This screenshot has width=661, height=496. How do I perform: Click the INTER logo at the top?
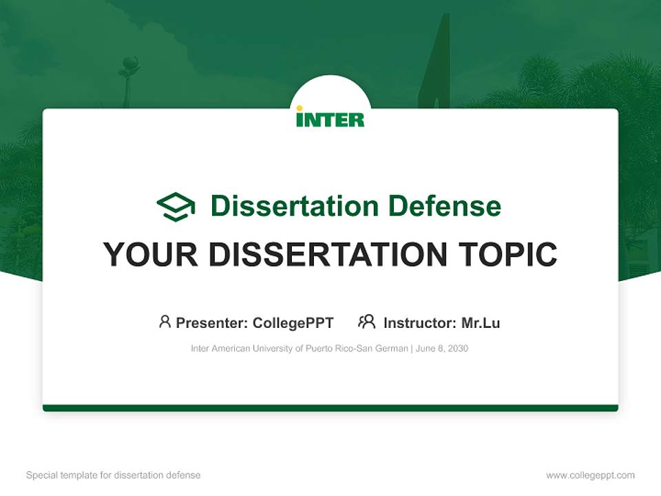point(330,118)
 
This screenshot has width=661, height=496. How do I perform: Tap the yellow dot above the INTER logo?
point(300,108)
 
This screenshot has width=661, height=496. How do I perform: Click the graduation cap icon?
point(176,207)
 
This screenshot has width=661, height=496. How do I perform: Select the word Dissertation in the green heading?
point(295,206)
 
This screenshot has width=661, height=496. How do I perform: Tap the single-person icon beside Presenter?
point(165,322)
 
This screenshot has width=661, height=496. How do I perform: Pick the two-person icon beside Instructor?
point(366,322)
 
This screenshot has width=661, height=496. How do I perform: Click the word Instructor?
point(419,322)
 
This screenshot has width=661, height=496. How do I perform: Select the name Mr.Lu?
point(481,322)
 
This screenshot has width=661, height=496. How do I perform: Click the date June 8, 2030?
point(442,349)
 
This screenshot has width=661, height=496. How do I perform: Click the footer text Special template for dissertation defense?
point(113,475)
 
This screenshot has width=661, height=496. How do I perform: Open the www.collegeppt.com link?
point(590,475)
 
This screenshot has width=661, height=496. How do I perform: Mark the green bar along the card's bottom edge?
point(330,408)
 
